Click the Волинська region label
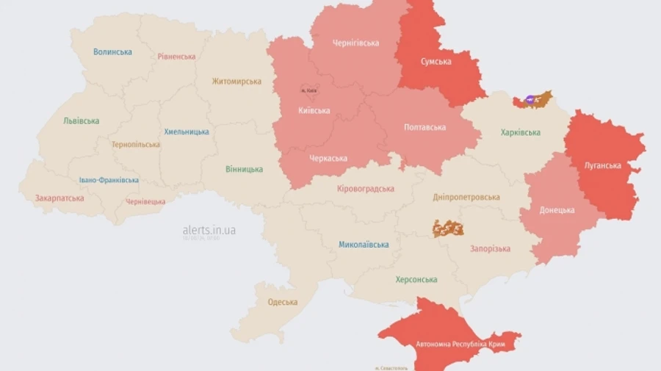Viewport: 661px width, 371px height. pyautogui.click(x=112, y=52)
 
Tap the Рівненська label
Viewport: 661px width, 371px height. pyautogui.click(x=176, y=57)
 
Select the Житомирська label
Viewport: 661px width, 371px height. pyautogui.click(x=236, y=82)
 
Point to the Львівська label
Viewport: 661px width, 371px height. pyautogui.click(x=81, y=120)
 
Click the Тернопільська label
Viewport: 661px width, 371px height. pyautogui.click(x=135, y=145)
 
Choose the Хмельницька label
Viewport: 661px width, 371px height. pyautogui.click(x=186, y=132)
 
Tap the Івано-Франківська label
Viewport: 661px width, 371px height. pyautogui.click(x=109, y=180)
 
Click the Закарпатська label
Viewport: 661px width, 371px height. pyautogui.click(x=59, y=198)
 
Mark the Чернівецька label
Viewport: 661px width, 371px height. pyautogui.click(x=145, y=201)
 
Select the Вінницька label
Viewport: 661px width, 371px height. pyautogui.click(x=244, y=169)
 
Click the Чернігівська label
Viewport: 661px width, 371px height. pyautogui.click(x=355, y=43)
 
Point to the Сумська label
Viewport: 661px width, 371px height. pyautogui.click(x=436, y=62)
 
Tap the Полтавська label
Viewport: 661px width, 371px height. pyautogui.click(x=425, y=127)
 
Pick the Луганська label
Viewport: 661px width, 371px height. pyautogui.click(x=602, y=165)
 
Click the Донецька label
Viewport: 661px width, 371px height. pyautogui.click(x=557, y=210)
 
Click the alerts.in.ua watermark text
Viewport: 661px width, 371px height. pyautogui.click(x=209, y=230)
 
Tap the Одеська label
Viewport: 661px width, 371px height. pyautogui.click(x=283, y=302)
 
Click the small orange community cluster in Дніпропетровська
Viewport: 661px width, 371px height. pyautogui.click(x=448, y=228)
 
